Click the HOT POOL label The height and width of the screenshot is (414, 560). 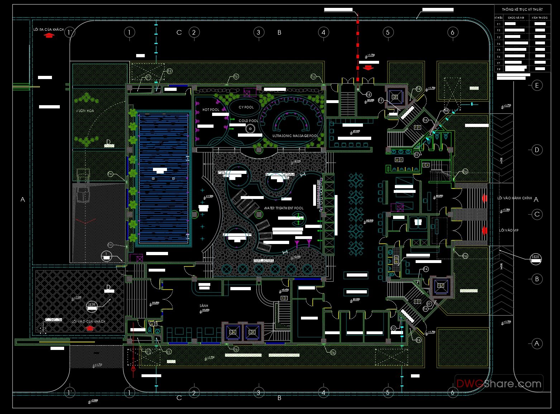point(211,110)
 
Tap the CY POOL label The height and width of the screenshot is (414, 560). point(246,107)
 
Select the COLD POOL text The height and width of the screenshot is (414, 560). point(248,121)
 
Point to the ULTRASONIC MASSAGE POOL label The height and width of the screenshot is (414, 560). point(295,136)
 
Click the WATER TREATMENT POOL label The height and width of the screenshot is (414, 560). point(284,208)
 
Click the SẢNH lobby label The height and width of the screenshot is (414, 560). point(204,306)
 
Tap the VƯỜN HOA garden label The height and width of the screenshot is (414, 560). point(85,111)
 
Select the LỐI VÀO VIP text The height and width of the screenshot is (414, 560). point(509,230)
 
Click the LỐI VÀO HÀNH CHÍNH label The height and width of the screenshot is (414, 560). point(514,198)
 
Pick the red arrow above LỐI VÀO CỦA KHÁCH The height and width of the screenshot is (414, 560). point(90,328)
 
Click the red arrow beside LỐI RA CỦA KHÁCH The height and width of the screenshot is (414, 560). point(49,35)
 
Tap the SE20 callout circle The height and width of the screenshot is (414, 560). point(535,257)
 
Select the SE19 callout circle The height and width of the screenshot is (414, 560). point(92,305)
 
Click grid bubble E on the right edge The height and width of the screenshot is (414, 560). point(537,86)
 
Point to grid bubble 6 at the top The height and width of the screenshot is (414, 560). point(453,33)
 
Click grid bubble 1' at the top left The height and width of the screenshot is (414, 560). point(70,33)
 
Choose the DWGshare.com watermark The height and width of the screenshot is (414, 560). point(499,384)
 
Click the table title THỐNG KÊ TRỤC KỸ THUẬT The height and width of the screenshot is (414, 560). point(522,10)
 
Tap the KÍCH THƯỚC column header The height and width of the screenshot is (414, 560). point(540,18)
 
